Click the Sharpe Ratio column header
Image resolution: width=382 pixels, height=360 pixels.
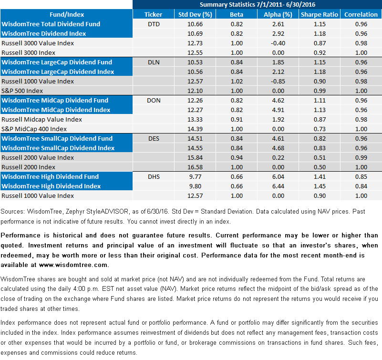pyautogui.click(x=320, y=15)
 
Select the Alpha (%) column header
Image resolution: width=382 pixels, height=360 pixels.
pyautogui.click(x=278, y=15)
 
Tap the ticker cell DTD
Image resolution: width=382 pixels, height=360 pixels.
pyautogui.click(x=154, y=24)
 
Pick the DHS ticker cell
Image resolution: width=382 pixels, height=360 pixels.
pyautogui.click(x=154, y=176)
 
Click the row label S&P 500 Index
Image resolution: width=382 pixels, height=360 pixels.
pyautogui.click(x=22, y=91)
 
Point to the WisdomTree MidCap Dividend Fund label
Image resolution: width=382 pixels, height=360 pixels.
pyautogui.click(x=55, y=100)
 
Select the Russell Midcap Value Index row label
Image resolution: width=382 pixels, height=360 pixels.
pyautogui.click(x=41, y=119)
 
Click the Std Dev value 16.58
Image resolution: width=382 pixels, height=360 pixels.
pyautogui.click(x=195, y=167)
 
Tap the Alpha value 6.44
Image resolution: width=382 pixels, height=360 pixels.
pyautogui.click(x=278, y=186)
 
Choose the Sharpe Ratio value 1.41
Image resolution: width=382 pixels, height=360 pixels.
pyautogui.click(x=320, y=176)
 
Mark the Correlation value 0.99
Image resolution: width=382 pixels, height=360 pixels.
pyautogui.click(x=361, y=158)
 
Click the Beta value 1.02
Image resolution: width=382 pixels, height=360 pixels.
pyautogui.click(x=237, y=82)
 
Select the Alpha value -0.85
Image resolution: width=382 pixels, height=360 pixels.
pyautogui.click(x=278, y=82)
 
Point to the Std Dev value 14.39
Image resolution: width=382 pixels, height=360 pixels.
pyautogui.click(x=195, y=129)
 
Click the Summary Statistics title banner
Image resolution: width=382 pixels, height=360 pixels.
pyautogui.click(x=257, y=5)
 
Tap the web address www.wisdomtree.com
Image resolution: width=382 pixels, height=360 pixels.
pyautogui.click(x=74, y=265)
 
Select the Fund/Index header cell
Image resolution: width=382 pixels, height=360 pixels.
pyautogui.click(x=67, y=15)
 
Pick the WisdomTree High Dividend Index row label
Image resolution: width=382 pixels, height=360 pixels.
pyautogui.click(x=51, y=186)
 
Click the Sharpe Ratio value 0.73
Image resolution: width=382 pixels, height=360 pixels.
pyautogui.click(x=320, y=129)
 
